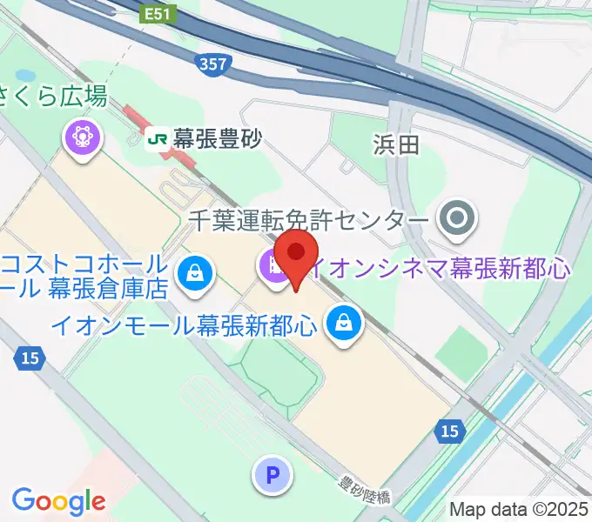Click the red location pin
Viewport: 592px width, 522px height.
296,254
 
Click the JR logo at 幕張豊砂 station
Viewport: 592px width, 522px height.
158,137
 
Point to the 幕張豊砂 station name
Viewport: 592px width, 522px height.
217,137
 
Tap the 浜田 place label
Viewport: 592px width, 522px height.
396,144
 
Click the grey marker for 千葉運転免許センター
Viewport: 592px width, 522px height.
458,219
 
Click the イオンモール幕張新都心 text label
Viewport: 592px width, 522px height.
183,325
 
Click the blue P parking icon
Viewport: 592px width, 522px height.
272,475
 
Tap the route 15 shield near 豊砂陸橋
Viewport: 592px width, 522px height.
448,431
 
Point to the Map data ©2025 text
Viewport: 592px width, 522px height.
519,509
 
